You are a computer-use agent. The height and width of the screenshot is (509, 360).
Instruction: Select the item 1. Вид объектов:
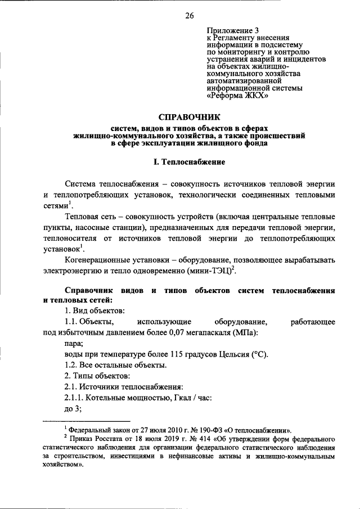94,310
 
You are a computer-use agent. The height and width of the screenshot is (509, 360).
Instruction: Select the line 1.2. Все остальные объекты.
115,365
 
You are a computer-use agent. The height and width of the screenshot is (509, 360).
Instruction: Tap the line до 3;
74,408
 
